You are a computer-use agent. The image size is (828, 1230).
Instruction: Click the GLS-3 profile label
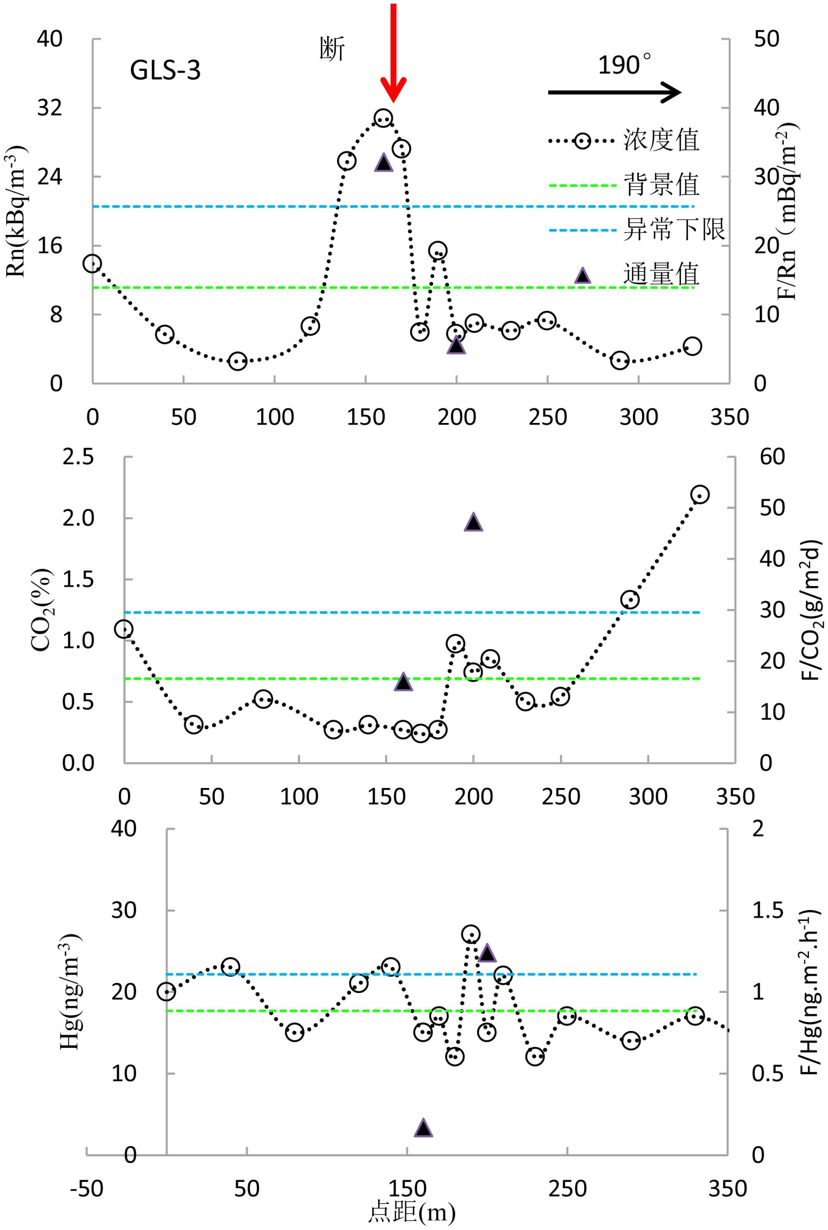click(165, 70)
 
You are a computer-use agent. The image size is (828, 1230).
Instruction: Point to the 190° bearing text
click(624, 65)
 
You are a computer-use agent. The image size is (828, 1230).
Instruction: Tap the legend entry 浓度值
click(661, 140)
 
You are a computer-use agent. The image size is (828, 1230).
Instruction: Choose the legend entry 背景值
click(661, 185)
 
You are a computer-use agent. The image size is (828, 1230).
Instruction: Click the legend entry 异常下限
click(674, 230)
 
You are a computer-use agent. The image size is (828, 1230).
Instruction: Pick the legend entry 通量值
click(661, 274)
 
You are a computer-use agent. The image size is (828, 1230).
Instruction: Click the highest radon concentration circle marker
click(383, 118)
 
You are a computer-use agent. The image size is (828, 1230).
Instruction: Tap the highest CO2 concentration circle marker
click(700, 495)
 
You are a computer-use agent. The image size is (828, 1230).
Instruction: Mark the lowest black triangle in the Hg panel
click(424, 1128)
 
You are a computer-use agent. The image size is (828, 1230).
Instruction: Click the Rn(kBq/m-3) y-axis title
click(16, 211)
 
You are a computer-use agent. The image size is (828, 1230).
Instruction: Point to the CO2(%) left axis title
click(41, 610)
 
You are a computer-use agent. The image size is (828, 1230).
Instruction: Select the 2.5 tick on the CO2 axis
click(78, 457)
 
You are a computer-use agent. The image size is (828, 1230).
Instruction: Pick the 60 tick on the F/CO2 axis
click(772, 457)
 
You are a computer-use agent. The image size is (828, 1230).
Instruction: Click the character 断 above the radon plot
click(332, 48)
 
